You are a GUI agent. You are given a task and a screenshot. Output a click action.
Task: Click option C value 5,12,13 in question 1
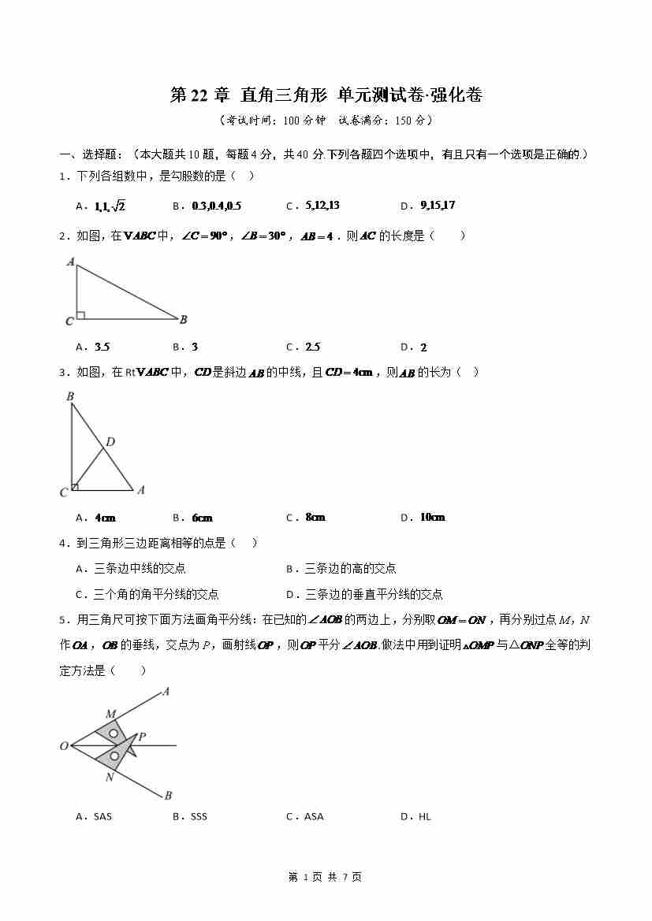point(322,206)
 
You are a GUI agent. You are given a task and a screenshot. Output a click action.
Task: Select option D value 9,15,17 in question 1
point(438,206)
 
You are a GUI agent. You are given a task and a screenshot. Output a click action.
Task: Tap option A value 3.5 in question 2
point(102,347)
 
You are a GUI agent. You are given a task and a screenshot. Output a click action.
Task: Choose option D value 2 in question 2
point(423,347)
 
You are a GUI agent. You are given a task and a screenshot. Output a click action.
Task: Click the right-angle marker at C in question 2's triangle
point(80,315)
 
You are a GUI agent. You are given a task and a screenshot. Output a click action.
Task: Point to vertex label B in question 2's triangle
point(183,319)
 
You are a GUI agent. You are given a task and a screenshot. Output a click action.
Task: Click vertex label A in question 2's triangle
point(70,262)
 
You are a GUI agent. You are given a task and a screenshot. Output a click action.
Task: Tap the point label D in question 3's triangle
point(110,442)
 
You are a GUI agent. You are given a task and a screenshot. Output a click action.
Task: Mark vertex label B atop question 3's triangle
point(70,396)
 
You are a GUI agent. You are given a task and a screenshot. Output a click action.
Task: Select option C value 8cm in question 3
point(315,518)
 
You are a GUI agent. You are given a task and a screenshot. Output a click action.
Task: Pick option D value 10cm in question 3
point(432,518)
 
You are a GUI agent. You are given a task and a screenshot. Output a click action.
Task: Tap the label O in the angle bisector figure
point(64,746)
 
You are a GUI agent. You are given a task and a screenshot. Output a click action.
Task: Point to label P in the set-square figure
point(142,737)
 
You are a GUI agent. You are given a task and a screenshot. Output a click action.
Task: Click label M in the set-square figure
point(110,714)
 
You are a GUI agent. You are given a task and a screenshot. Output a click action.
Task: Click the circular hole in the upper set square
point(114,733)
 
